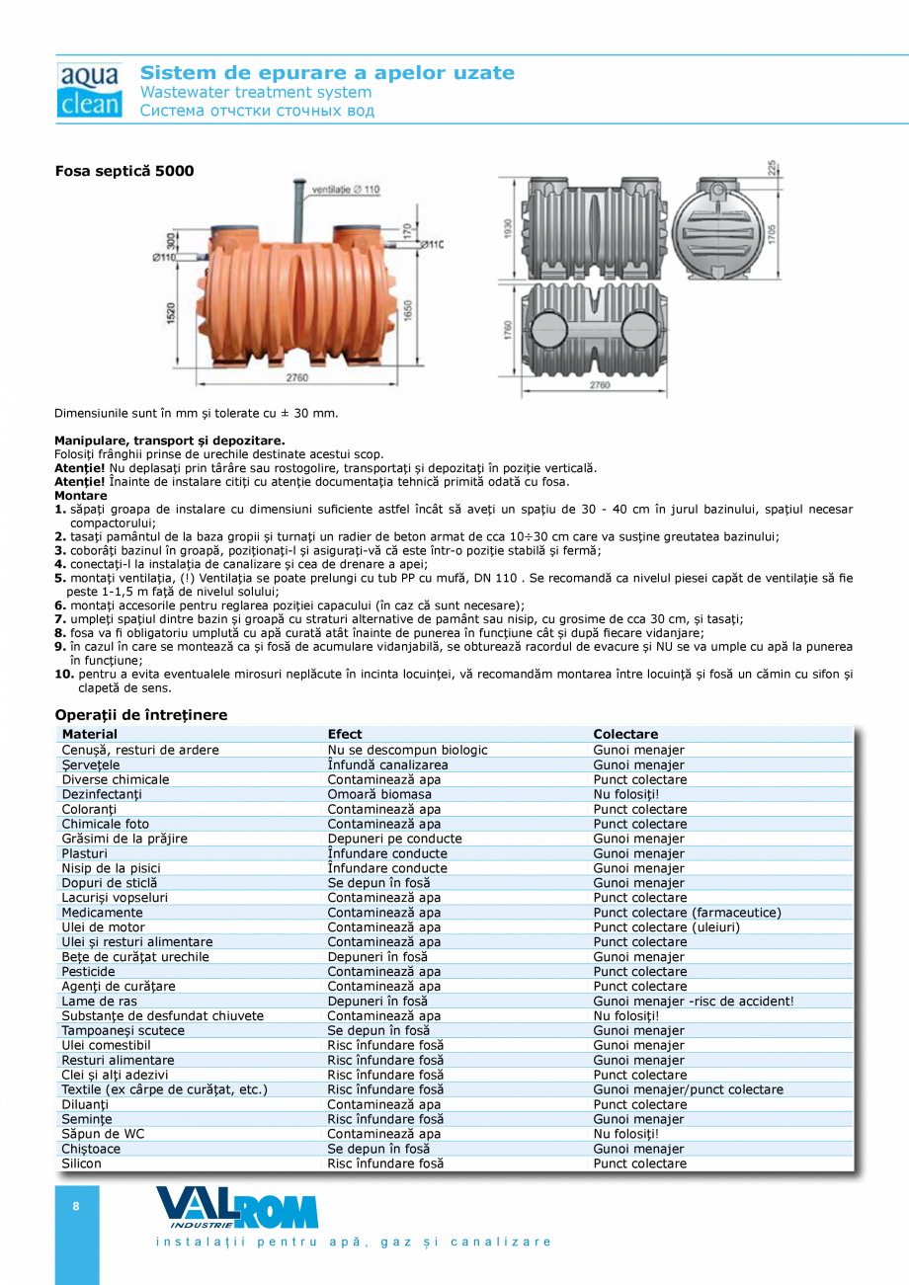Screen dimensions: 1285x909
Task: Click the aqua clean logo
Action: (89, 91)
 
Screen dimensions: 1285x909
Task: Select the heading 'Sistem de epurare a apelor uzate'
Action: (327, 73)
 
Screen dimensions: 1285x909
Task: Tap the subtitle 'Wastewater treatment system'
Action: (256, 92)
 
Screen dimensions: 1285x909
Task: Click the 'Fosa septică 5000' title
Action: (124, 171)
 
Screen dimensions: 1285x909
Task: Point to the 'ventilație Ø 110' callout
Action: (346, 189)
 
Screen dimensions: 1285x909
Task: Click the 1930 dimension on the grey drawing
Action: (506, 229)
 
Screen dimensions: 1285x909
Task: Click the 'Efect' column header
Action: (345, 734)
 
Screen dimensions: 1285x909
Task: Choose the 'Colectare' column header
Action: (625, 734)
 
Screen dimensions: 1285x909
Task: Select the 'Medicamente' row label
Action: (103, 913)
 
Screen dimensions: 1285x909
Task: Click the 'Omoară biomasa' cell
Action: (379, 794)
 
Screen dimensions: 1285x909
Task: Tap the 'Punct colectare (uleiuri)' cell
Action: (666, 927)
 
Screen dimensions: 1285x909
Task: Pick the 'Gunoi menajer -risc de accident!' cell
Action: (694, 1002)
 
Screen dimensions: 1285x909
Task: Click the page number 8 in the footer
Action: (76, 1206)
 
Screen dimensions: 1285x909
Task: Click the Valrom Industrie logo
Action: (237, 1207)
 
